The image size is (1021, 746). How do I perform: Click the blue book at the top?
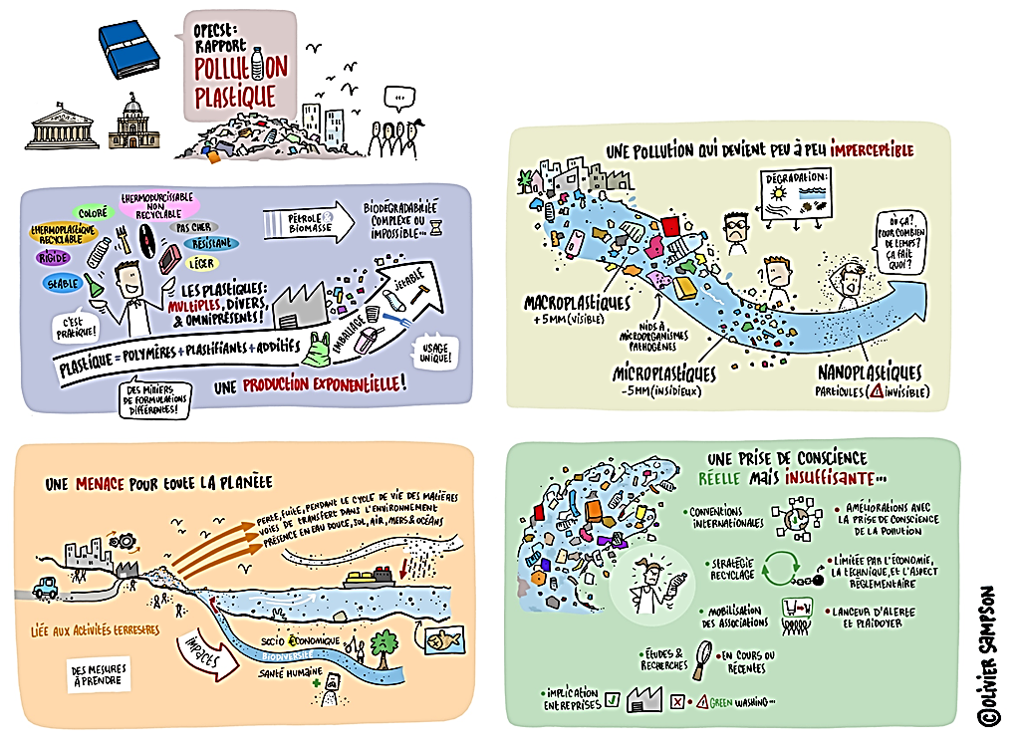tap(128, 49)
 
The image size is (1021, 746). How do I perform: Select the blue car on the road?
tap(46, 588)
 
